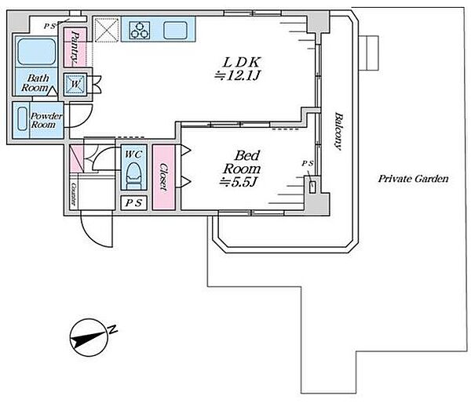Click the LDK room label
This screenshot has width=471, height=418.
[x=242, y=62]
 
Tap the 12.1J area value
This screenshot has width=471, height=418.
[x=237, y=75]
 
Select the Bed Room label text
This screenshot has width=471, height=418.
[x=242, y=162]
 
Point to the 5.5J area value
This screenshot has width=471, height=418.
[x=238, y=182]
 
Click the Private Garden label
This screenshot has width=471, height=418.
[x=414, y=179]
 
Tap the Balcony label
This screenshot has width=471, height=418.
[x=338, y=131]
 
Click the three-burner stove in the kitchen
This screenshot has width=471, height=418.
[x=140, y=30]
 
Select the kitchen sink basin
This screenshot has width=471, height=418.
[x=175, y=31]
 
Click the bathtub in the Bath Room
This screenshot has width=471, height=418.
[x=36, y=53]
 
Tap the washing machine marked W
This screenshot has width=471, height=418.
[x=75, y=85]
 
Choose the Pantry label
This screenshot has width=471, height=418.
[x=75, y=47]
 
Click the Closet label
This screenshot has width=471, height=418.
[x=163, y=177]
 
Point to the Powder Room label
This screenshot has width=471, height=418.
[x=46, y=120]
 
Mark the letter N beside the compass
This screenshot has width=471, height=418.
[x=112, y=329]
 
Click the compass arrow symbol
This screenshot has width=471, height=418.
[x=89, y=337]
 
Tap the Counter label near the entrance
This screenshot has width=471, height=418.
[x=74, y=194]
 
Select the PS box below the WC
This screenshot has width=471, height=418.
[x=133, y=203]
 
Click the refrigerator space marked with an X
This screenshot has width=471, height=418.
[x=106, y=30]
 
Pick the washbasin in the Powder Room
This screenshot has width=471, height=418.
[x=22, y=119]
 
